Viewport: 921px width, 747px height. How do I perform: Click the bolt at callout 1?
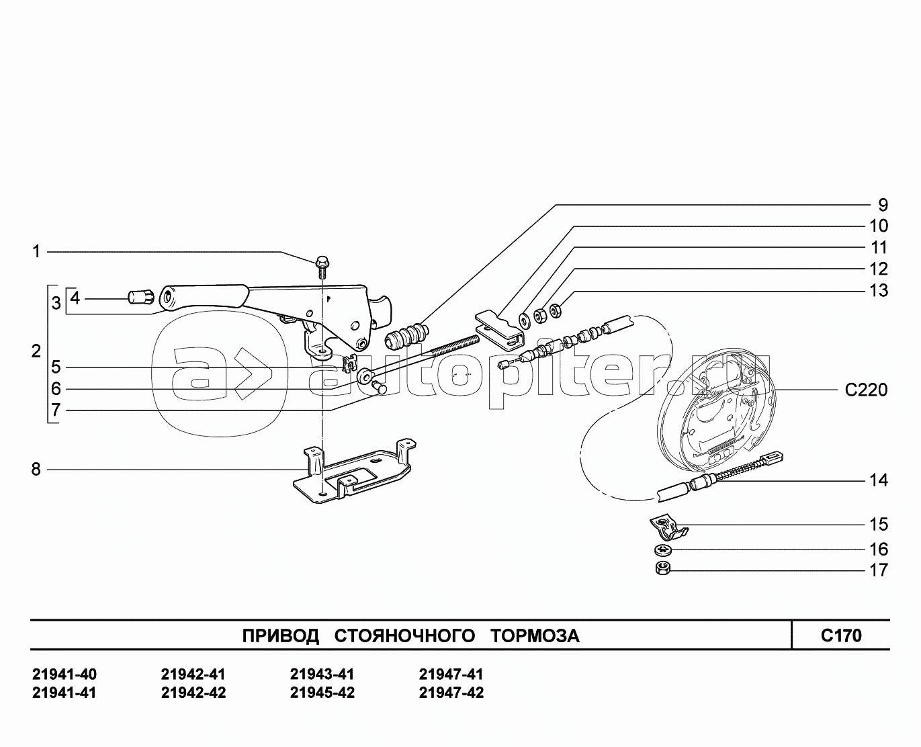tap(321, 267)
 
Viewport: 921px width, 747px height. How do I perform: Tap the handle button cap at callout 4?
tap(139, 297)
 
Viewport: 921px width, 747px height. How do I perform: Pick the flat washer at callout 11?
tap(525, 320)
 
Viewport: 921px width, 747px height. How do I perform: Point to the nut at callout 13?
tap(556, 310)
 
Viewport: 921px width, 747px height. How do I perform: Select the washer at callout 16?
tap(663, 550)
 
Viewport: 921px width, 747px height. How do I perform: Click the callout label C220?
tap(866, 390)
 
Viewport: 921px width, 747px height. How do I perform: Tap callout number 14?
tap(879, 481)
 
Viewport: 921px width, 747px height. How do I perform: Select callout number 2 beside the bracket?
tap(36, 351)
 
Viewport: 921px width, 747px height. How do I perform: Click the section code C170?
tap(841, 636)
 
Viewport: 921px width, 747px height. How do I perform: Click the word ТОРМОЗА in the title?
tap(535, 636)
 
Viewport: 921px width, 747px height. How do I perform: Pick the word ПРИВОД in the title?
tap(280, 636)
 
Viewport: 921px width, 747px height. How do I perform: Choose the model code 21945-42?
tap(322, 693)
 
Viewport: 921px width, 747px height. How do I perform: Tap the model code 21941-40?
tap(64, 674)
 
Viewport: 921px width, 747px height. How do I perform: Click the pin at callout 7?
tap(379, 387)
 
